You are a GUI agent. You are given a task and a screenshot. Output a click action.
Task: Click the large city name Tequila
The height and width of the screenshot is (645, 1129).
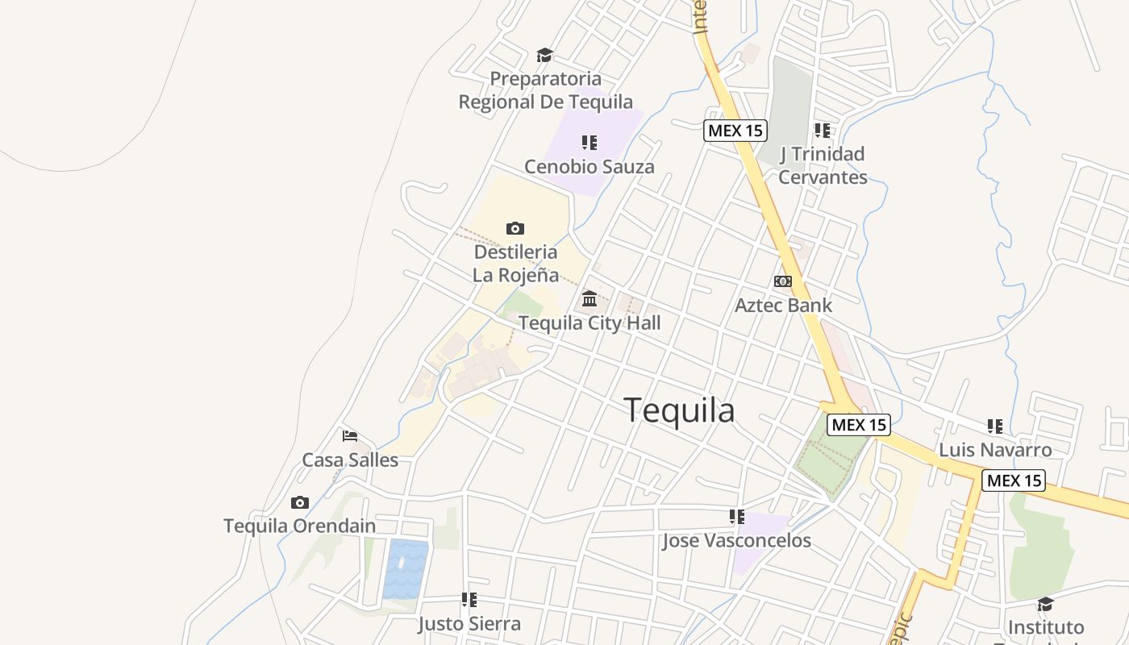tap(679, 410)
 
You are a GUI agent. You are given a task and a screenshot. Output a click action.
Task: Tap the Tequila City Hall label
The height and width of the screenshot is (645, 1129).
tap(589, 323)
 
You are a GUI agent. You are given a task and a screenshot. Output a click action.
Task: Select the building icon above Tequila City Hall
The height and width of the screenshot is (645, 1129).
tap(589, 299)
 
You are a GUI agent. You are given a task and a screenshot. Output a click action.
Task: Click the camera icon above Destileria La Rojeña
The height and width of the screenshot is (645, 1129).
tap(515, 228)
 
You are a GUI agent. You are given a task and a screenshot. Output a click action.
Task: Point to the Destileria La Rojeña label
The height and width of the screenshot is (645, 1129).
tap(515, 263)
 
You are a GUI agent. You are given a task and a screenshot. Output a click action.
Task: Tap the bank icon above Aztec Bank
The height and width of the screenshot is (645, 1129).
tap(782, 281)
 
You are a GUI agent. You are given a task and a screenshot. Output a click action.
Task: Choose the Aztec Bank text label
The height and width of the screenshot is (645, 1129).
tap(783, 306)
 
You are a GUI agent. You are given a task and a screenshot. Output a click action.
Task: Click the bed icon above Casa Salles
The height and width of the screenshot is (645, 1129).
tap(349, 436)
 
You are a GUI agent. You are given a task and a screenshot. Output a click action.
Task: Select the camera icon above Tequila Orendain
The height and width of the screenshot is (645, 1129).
tap(300, 502)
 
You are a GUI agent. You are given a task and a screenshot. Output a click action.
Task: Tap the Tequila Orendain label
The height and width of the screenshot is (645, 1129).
tap(299, 526)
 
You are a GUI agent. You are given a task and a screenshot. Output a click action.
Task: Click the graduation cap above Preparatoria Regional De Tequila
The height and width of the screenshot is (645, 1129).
tap(545, 55)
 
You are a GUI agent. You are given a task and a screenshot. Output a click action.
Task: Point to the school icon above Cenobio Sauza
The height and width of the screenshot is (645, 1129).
tap(589, 143)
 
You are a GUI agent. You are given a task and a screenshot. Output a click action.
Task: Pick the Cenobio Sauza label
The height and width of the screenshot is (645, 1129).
tap(589, 167)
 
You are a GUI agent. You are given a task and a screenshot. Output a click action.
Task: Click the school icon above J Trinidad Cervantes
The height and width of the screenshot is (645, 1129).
tap(823, 130)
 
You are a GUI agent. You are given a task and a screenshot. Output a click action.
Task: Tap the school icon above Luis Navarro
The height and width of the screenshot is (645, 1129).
tap(995, 426)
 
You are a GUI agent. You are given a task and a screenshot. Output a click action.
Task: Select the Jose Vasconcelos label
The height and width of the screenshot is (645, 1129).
tap(736, 540)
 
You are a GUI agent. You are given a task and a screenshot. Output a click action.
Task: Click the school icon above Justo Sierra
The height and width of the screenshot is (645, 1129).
tap(469, 600)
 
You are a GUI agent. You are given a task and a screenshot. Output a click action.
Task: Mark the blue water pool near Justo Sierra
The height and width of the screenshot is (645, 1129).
tap(406, 569)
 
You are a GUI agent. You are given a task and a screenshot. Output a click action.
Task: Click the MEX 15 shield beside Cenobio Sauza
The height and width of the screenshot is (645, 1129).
tap(735, 130)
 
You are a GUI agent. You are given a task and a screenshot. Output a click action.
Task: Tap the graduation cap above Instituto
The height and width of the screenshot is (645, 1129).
tap(1045, 604)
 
